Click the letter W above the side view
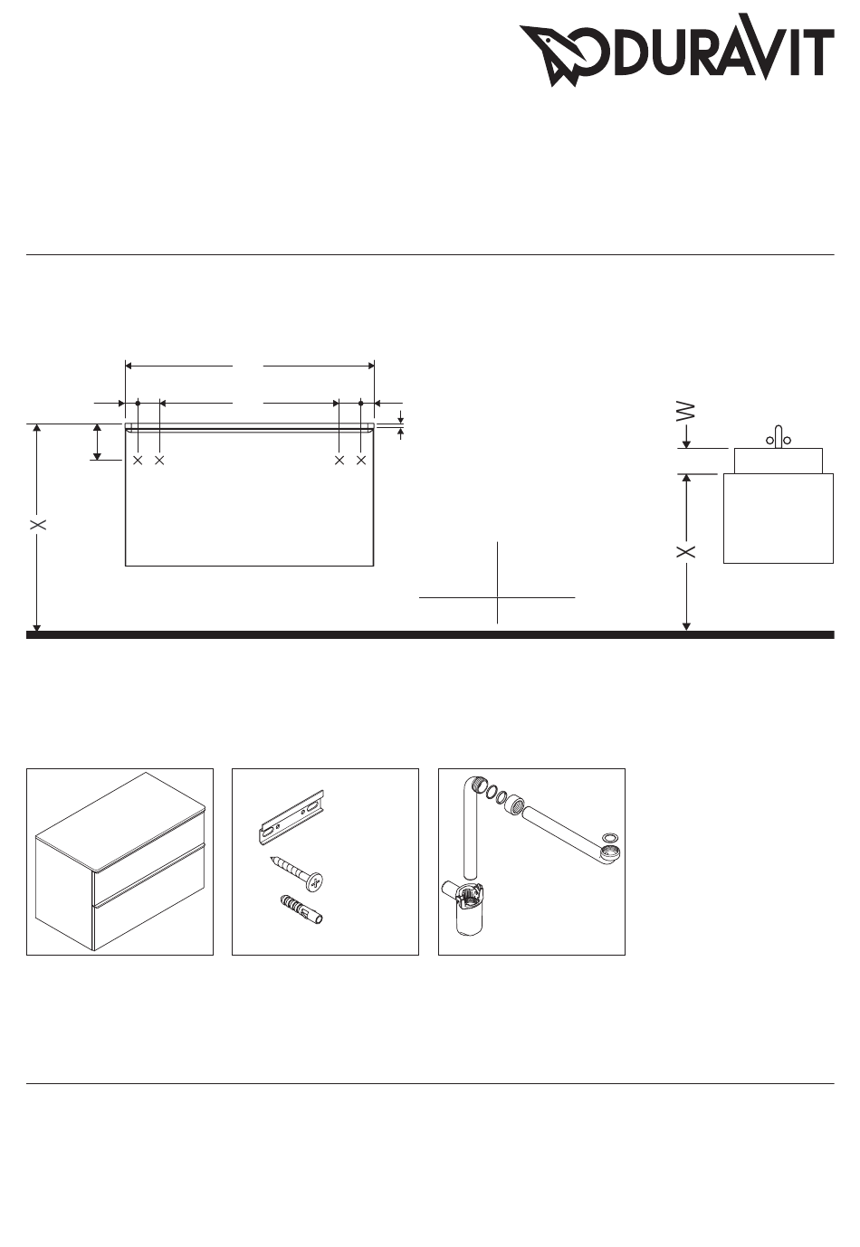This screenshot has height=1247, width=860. [x=685, y=412]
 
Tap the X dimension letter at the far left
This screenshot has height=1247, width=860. [x=38, y=524]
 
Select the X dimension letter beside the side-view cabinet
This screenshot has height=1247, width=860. [x=685, y=552]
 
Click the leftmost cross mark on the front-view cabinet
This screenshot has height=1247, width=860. [x=139, y=461]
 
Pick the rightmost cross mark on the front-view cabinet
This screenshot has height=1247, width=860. [x=361, y=461]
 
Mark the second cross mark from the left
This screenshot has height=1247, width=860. [x=160, y=461]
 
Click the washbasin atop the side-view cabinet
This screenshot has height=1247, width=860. [x=779, y=461]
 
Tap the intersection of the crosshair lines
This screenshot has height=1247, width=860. [x=497, y=598]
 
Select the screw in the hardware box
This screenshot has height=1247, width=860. [x=297, y=872]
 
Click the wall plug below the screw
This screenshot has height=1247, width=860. [x=301, y=910]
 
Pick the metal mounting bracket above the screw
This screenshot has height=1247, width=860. [x=291, y=817]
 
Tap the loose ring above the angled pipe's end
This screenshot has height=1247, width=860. [x=610, y=837]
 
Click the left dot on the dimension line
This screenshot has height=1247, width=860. [x=139, y=403]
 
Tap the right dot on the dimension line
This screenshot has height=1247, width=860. [x=361, y=403]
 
